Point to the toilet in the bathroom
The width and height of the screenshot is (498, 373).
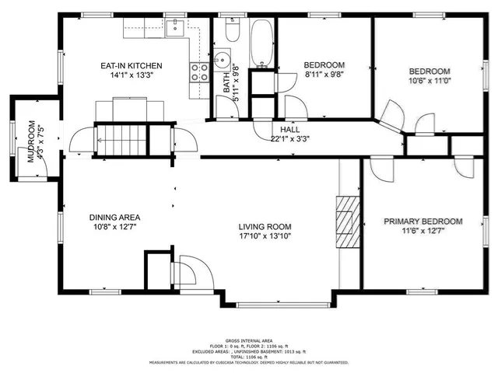coord(231,32)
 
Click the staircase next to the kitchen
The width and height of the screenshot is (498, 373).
coord(121,140)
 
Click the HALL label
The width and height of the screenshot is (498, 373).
coord(290,130)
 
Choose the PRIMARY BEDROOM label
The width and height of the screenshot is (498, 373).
coord(423,221)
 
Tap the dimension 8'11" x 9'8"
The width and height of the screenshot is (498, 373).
coord(324,75)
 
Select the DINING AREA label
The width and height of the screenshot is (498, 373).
coord(114,217)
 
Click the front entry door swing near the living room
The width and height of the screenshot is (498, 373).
coord(191,271)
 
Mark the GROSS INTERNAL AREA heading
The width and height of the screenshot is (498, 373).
coord(248,340)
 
